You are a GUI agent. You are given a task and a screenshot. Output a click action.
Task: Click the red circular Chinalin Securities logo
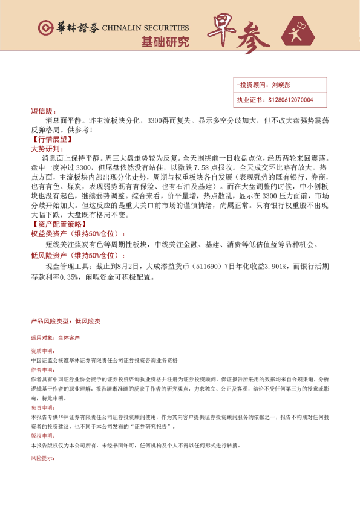coord(45,28)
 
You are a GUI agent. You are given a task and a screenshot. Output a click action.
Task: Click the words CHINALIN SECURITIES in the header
coord(145,28)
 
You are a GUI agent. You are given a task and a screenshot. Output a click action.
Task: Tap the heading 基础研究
coord(165,42)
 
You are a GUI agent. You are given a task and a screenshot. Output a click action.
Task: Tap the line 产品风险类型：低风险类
coord(65,320)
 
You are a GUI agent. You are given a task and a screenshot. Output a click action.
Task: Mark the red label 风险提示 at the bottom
coord(42,459)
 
